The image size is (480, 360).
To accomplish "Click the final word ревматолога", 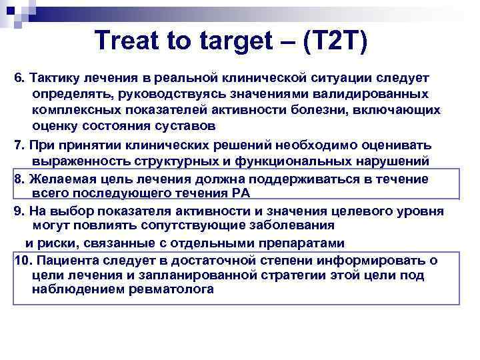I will click(x=171, y=289).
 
